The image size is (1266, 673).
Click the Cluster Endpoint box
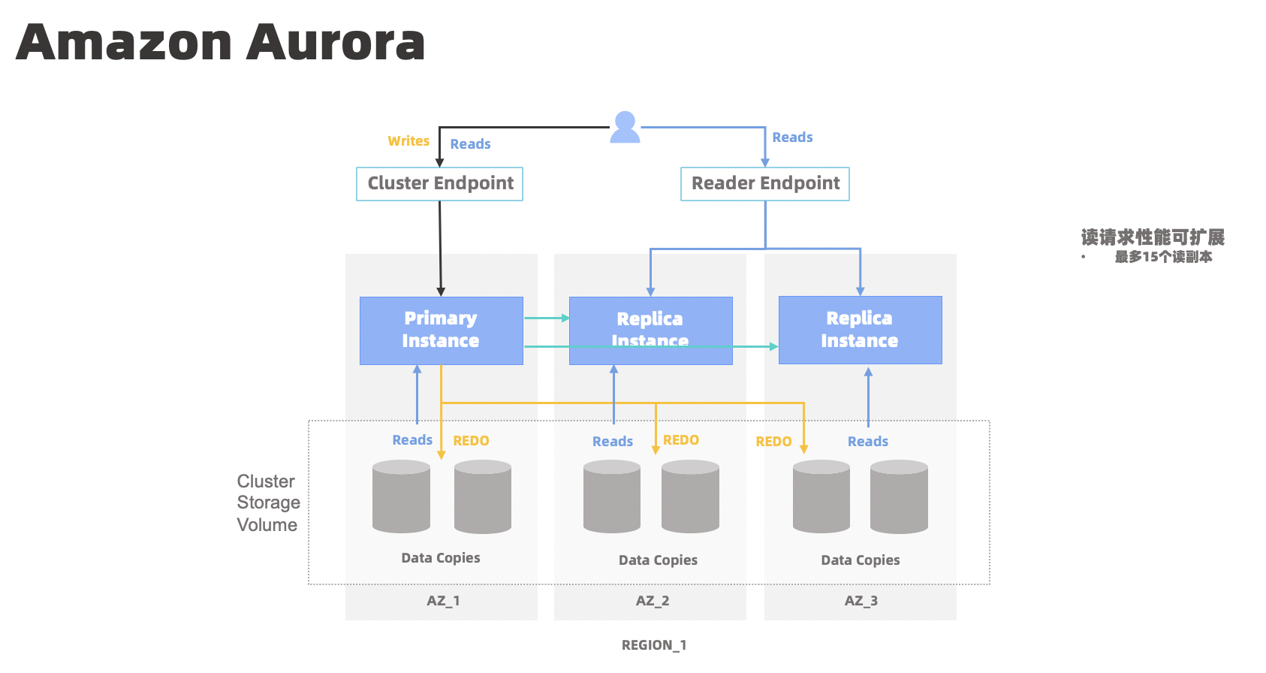coord(439,184)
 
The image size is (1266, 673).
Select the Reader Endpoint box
coord(764,184)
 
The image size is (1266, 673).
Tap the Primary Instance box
coord(441,330)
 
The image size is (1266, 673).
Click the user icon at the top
coord(625,127)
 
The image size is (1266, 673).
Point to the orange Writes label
coord(408,141)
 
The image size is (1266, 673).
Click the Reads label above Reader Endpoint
coord(792,137)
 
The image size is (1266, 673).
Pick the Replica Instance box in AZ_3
coord(860,330)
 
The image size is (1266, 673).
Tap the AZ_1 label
coord(443,601)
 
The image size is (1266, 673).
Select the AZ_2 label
coord(652,601)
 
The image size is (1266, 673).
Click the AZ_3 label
coord(861,601)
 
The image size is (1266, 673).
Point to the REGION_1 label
coord(653,645)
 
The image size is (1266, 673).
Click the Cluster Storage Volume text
coord(268,502)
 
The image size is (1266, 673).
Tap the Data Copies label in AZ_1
coord(441,558)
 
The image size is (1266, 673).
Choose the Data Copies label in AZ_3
coord(860,560)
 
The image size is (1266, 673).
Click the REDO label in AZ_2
coord(681,440)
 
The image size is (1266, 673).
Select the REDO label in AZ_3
coord(773,442)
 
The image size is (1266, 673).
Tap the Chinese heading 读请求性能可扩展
coord(1153,238)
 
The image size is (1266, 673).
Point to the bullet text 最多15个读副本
coord(1163,257)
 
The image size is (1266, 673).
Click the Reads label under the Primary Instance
coord(412,440)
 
